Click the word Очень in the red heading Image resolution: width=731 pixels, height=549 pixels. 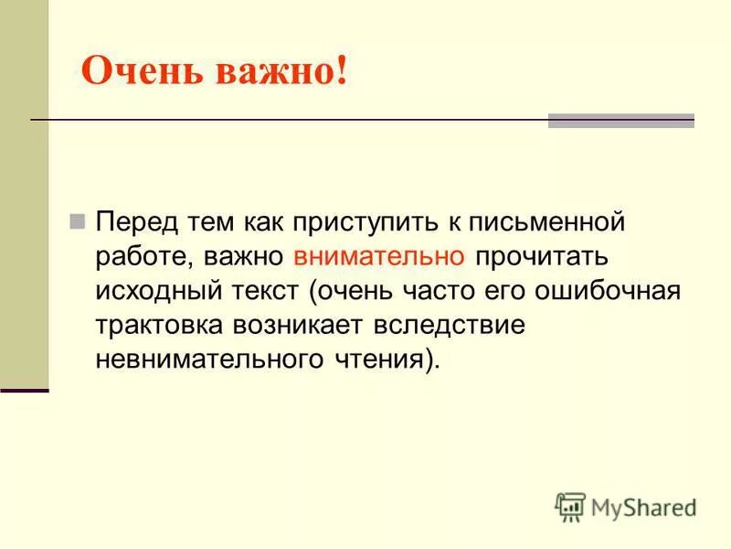coord(143,71)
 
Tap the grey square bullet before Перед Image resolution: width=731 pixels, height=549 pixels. coord(78,222)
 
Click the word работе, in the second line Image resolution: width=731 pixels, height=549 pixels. coord(142,258)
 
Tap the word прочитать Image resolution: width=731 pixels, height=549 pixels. coord(538,258)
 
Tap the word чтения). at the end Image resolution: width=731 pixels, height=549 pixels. coord(383,360)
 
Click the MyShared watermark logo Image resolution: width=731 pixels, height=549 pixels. coord(626,506)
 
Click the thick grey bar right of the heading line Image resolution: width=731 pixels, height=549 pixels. coord(620,121)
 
